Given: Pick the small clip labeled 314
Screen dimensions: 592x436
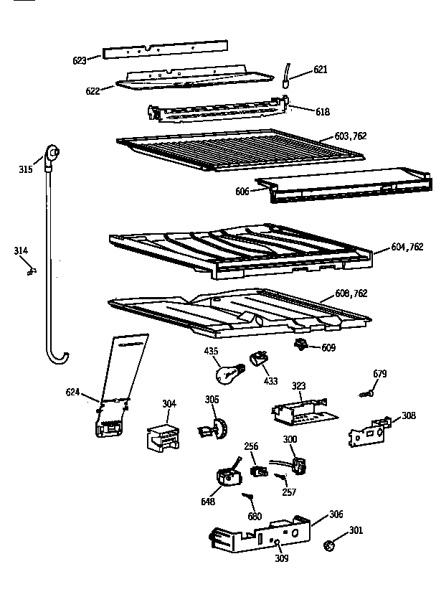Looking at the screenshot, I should pyautogui.click(x=31, y=271).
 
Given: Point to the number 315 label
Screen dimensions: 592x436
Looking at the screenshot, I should pyautogui.click(x=26, y=169).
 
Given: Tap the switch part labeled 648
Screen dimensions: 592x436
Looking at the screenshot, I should pyautogui.click(x=227, y=476).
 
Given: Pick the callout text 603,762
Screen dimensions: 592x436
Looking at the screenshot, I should pyautogui.click(x=350, y=136).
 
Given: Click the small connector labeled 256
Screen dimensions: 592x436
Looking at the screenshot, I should pyautogui.click(x=255, y=471).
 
